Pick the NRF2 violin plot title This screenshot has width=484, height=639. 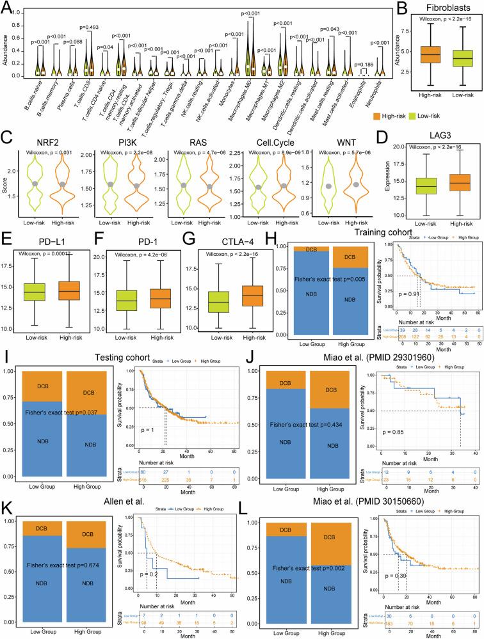point(44,136)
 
